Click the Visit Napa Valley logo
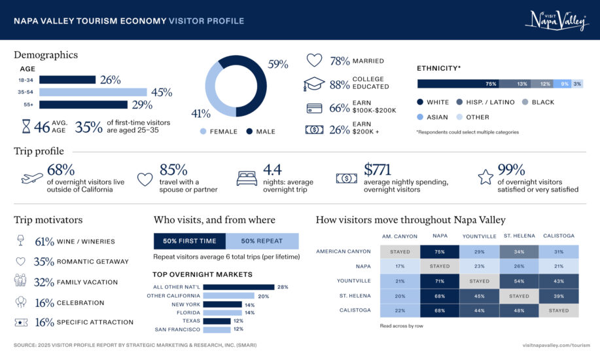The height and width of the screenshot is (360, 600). click(557, 20)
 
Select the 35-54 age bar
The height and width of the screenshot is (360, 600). click(93, 92)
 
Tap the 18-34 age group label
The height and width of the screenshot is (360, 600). click(26, 80)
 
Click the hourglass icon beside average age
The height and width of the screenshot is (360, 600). click(26, 126)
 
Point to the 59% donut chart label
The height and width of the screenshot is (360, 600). click(278, 64)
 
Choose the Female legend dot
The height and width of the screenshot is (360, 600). click(203, 132)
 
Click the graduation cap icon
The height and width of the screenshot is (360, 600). click(314, 84)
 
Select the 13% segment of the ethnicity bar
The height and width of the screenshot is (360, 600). click(518, 84)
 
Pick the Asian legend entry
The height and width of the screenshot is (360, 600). click(432, 117)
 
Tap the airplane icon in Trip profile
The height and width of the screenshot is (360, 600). click(32, 178)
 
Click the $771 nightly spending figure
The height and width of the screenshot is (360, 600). click(377, 170)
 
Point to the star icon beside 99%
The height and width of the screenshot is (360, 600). click(485, 177)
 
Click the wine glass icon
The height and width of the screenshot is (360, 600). click(21, 240)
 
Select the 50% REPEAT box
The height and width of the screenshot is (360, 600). click(262, 241)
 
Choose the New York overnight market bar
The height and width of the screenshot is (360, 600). click(222, 304)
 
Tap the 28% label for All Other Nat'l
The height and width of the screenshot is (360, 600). click(283, 287)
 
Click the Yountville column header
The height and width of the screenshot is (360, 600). click(479, 236)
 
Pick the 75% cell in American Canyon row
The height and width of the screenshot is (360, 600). click(440, 251)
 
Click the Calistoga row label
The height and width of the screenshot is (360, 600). click(355, 310)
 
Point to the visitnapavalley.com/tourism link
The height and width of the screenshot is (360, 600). click(556, 345)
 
